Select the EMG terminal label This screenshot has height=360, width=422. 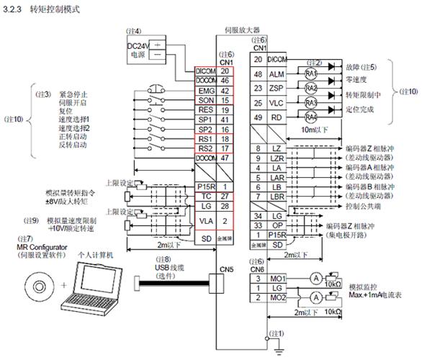pos(205,91)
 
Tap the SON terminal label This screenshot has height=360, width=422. pos(205,102)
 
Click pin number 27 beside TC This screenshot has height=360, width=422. pos(225,197)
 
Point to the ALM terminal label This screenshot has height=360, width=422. pos(276,74)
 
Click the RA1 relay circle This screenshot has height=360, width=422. pos(310,74)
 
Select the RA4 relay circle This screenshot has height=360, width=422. pos(310,117)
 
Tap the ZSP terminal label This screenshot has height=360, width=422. pos(276,89)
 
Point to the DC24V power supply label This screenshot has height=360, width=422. pos(138,47)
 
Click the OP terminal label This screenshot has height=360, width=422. pos(274,225)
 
